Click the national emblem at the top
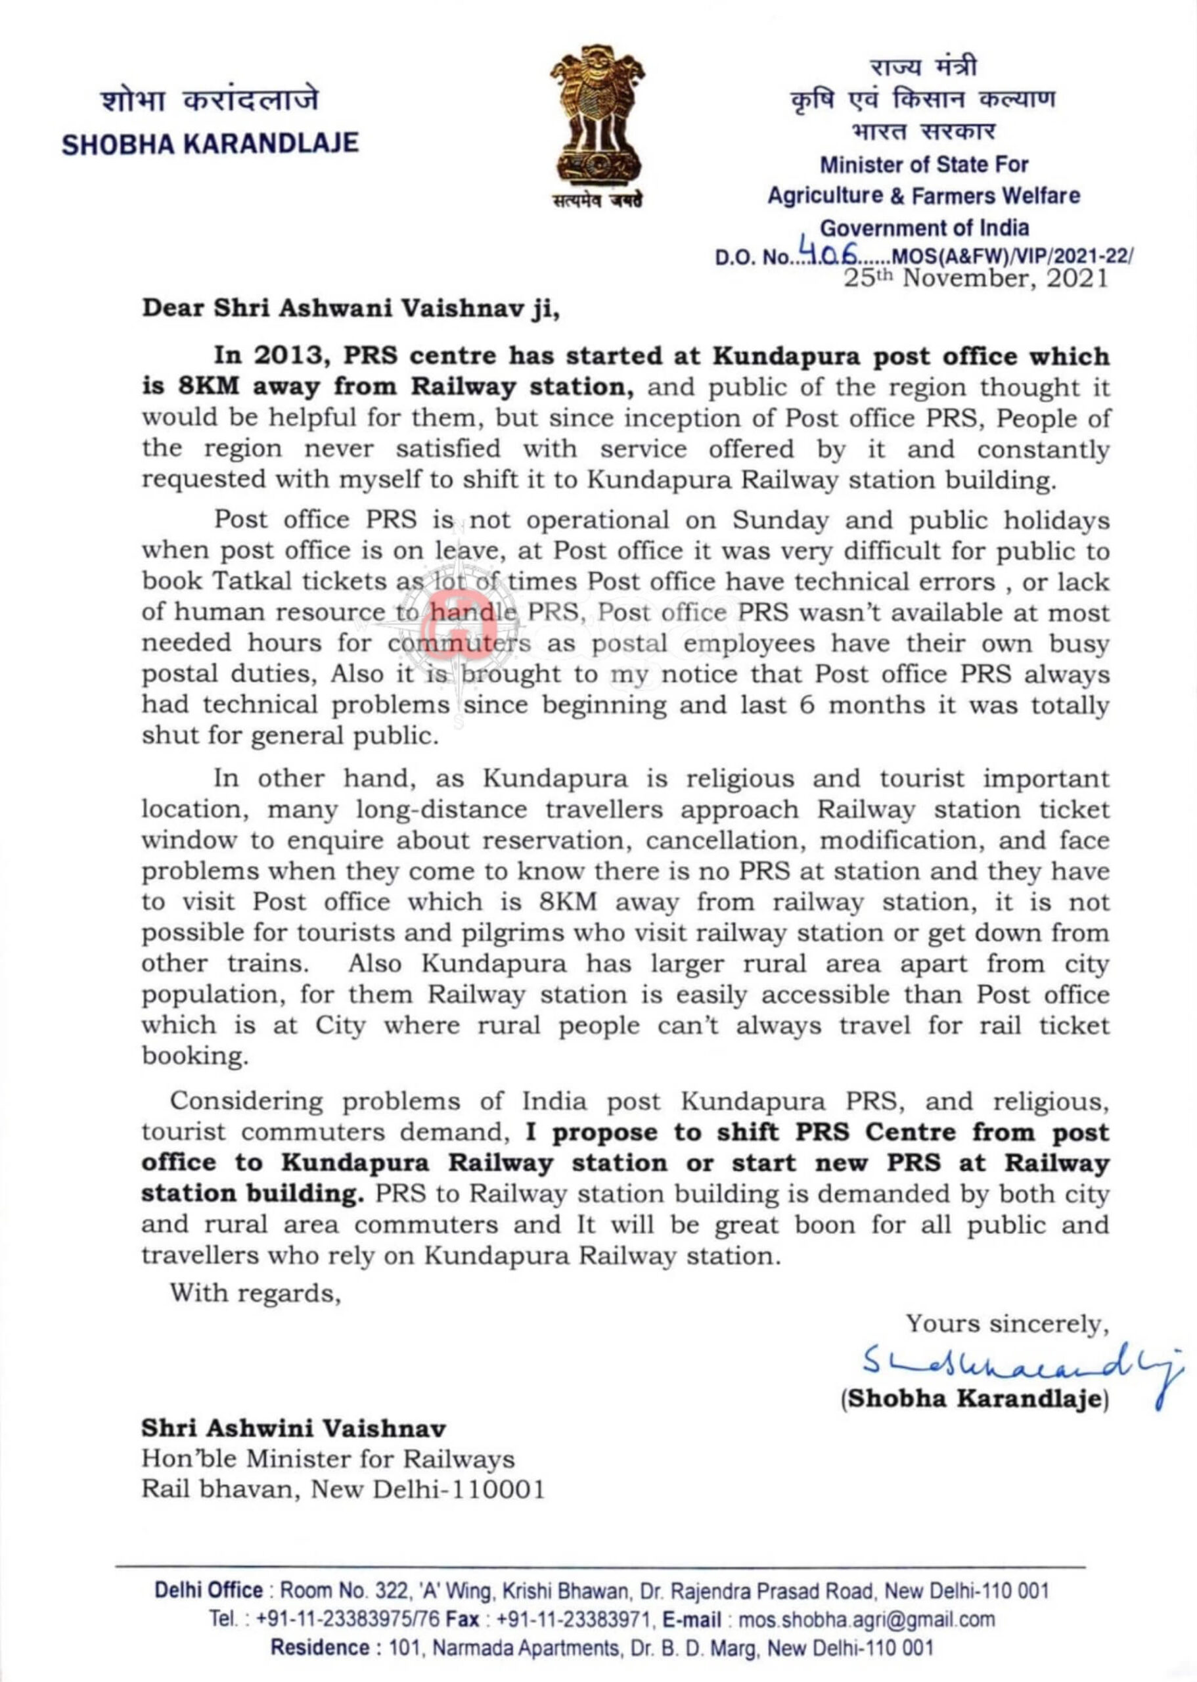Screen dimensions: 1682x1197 pyautogui.click(x=598, y=122)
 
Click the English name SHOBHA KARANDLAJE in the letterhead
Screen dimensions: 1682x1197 pyautogui.click(x=210, y=143)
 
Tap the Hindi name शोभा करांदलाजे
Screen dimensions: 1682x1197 pyautogui.click(x=210, y=101)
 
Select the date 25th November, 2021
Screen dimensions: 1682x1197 pyautogui.click(x=976, y=279)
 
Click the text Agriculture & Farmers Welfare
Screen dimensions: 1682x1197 pyautogui.click(x=924, y=195)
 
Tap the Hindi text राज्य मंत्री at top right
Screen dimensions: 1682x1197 pyautogui.click(x=924, y=67)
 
